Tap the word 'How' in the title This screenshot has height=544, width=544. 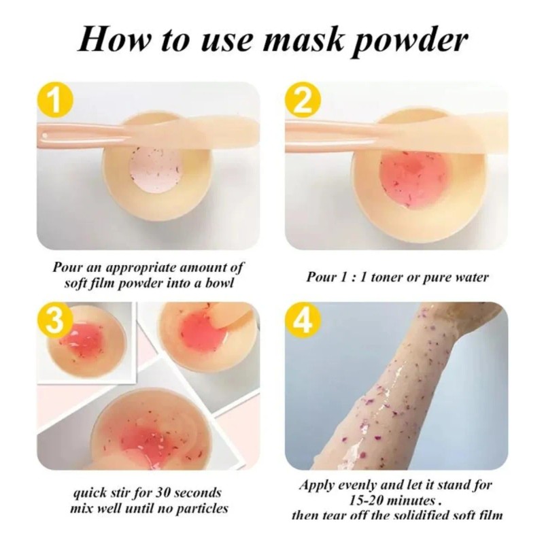pos(112,40)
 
